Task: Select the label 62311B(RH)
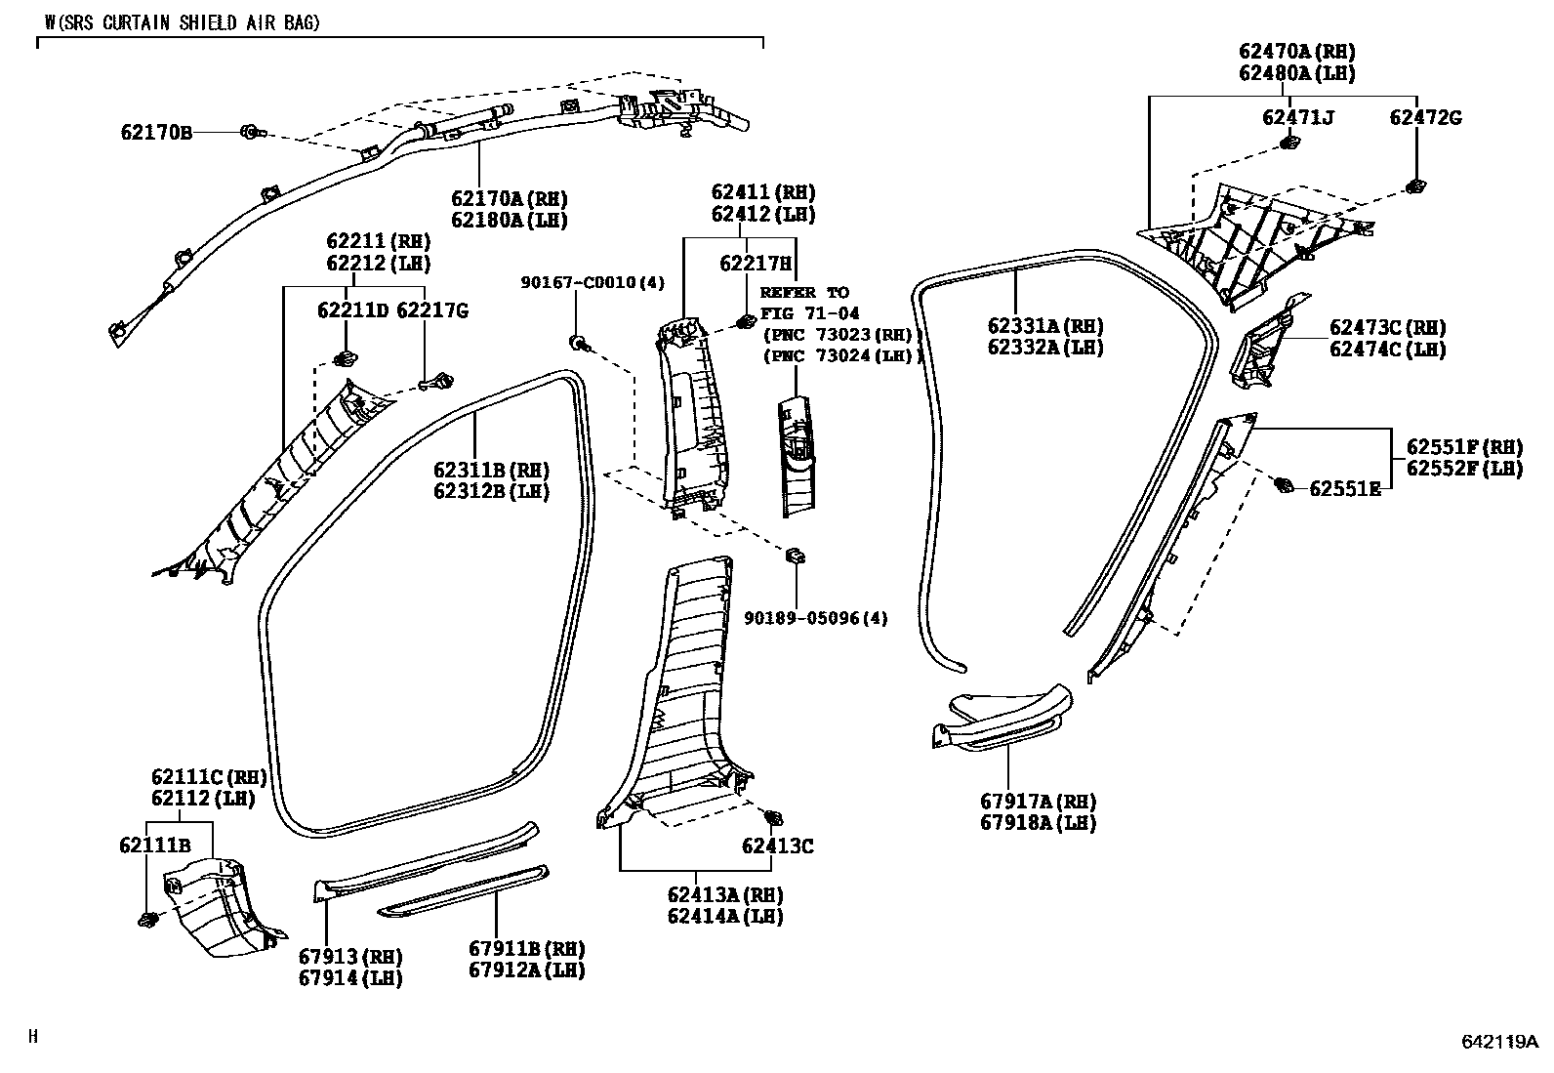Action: (x=491, y=471)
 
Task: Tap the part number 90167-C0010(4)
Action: (x=592, y=283)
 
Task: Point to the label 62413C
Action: (x=777, y=846)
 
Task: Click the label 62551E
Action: (x=1344, y=488)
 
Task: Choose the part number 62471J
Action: (x=1297, y=118)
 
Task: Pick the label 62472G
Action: (x=1424, y=118)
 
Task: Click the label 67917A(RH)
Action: (x=1039, y=802)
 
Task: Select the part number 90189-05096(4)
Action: (x=816, y=618)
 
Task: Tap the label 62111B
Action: (x=155, y=846)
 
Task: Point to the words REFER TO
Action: (x=804, y=292)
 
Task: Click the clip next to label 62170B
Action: (x=250, y=131)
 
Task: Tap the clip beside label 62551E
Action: (x=1286, y=483)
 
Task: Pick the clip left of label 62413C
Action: (x=773, y=818)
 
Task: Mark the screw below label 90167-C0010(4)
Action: (x=579, y=343)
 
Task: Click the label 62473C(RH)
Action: (x=1387, y=328)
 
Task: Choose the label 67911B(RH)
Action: (x=526, y=949)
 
